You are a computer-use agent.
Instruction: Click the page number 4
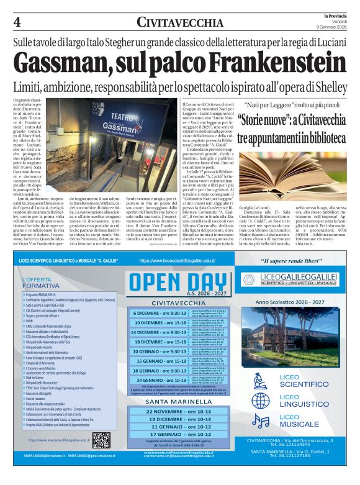tap(17, 22)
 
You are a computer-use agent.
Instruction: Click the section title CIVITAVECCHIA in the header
tap(180, 23)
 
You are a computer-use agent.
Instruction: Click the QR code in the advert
tap(101, 440)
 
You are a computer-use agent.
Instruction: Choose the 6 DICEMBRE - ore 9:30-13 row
tap(160, 313)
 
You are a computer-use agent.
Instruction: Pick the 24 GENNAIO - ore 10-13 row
tap(160, 380)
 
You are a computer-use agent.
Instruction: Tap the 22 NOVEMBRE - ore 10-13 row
tap(179, 412)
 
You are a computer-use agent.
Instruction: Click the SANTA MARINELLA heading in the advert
tap(179, 402)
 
